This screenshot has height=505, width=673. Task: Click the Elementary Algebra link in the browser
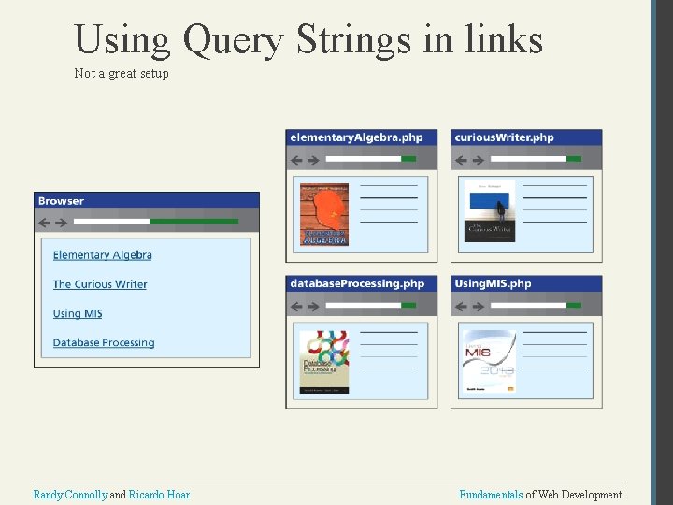pyautogui.click(x=102, y=255)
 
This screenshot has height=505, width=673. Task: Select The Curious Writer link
pyautogui.click(x=100, y=284)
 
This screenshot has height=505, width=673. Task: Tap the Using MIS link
pyautogui.click(x=78, y=313)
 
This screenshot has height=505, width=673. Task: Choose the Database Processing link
pyautogui.click(x=104, y=343)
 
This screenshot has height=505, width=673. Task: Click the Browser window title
pyautogui.click(x=61, y=201)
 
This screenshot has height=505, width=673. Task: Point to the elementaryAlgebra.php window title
pyautogui.click(x=356, y=137)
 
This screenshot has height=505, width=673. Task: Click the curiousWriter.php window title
pyautogui.click(x=504, y=137)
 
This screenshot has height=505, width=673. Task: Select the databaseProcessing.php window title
pyautogui.click(x=357, y=283)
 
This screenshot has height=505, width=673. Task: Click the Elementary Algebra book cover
pyautogui.click(x=323, y=214)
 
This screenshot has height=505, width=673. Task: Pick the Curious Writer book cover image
pyautogui.click(x=489, y=211)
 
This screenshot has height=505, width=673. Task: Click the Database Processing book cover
pyautogui.click(x=323, y=360)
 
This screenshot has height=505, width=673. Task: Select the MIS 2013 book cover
pyautogui.click(x=487, y=360)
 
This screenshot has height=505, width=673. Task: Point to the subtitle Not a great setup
pyautogui.click(x=122, y=73)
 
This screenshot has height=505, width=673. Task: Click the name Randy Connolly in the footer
pyautogui.click(x=70, y=495)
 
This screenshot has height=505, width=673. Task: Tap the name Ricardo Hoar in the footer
pyautogui.click(x=159, y=495)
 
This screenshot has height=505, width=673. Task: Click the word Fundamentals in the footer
pyautogui.click(x=491, y=495)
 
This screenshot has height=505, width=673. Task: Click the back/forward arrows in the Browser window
pyautogui.click(x=52, y=222)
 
